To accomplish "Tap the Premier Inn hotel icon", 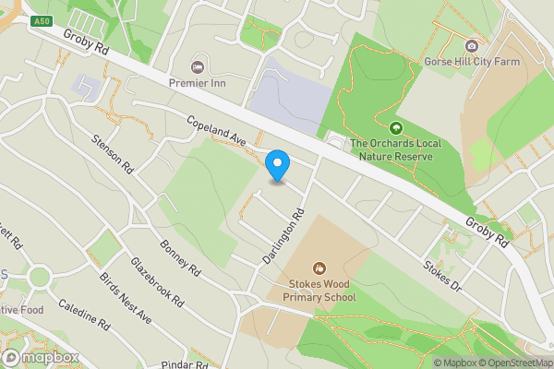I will pos(197,65).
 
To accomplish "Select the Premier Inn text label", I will pos(197,82).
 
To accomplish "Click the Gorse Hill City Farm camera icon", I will pos(472,46).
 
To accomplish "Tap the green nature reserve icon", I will pos(396,128).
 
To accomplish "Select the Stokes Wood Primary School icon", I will pos(319,268).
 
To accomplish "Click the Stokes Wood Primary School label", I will pos(319,292).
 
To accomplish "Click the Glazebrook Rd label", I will pos(157,280).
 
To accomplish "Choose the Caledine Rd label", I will pos(83,315).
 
